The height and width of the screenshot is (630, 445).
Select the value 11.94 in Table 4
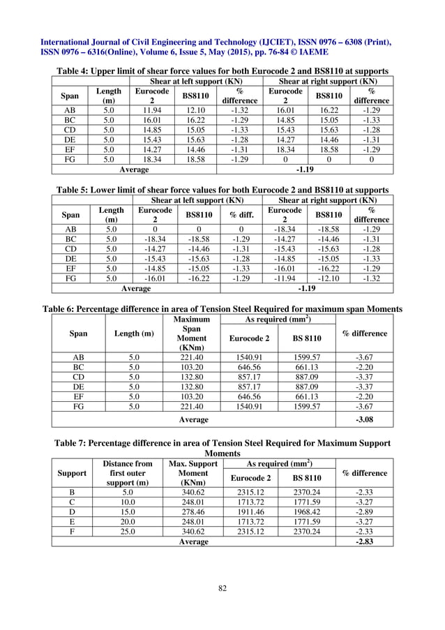coord(152,110)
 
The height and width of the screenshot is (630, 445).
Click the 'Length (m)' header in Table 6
coord(134,333)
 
